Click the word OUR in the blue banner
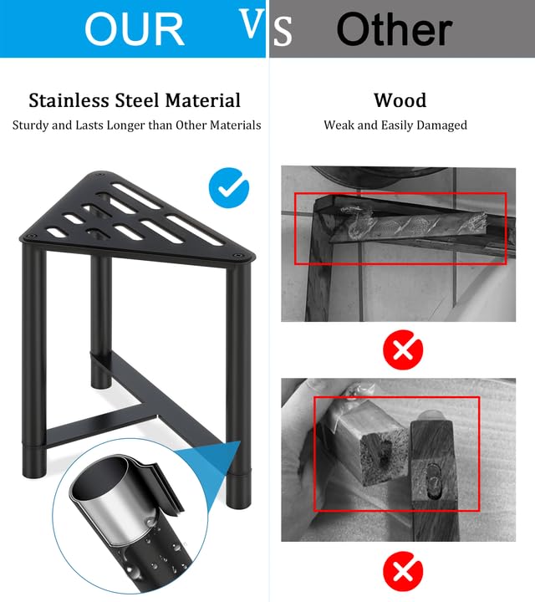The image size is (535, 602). (x=135, y=29)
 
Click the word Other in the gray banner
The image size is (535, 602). (x=395, y=29)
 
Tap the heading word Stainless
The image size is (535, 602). (x=69, y=100)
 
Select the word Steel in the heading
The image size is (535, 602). (x=137, y=100)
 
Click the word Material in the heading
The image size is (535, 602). (x=203, y=100)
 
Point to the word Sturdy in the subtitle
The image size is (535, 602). (x=31, y=125)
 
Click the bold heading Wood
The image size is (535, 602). (x=400, y=100)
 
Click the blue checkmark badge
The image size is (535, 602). (x=229, y=188)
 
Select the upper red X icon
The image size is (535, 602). (x=403, y=349)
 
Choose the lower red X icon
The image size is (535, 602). (x=403, y=571)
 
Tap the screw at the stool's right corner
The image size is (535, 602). (x=239, y=255)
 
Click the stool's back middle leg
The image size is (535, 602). (x=101, y=323)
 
